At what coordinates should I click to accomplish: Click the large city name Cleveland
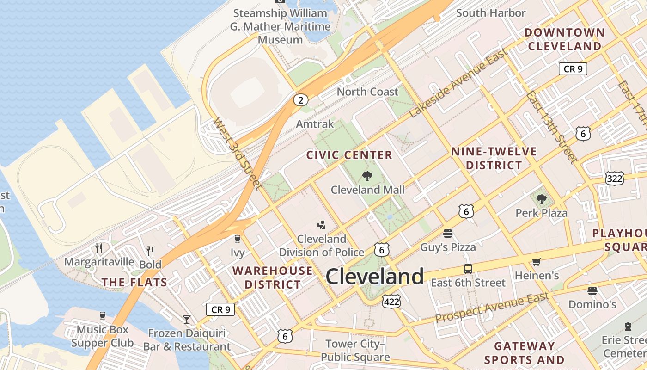click(374, 277)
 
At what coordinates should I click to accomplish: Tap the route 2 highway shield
click(300, 100)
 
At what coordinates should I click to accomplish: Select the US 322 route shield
click(614, 178)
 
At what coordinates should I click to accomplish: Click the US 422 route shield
click(391, 302)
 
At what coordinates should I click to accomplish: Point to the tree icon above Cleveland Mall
click(367, 176)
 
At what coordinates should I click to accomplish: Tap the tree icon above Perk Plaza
click(542, 199)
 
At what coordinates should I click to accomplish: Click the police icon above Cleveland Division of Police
click(321, 225)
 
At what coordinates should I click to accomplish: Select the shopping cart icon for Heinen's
click(536, 262)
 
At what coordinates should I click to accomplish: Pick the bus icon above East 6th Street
click(468, 269)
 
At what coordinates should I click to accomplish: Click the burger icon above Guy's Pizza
click(447, 234)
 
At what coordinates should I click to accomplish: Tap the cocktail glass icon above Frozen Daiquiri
click(186, 319)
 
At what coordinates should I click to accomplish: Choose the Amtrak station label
click(315, 124)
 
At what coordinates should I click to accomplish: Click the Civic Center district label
click(349, 155)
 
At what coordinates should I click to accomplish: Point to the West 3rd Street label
click(237, 153)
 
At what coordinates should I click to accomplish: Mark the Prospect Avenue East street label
click(492, 308)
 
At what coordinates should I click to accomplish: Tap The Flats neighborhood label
click(134, 282)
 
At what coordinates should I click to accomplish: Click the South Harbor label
click(491, 13)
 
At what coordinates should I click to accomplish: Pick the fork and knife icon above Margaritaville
click(99, 248)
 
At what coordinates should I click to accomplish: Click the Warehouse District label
click(273, 277)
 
